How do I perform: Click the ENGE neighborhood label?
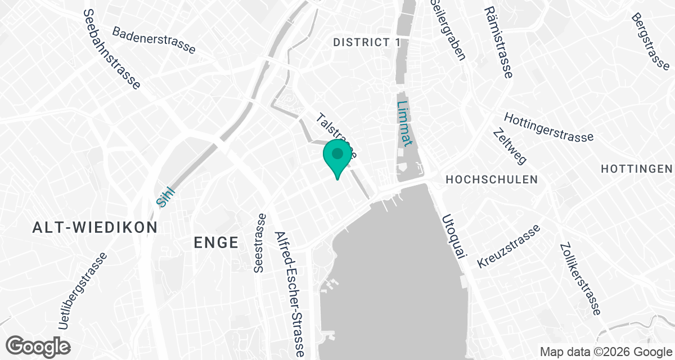click(216, 242)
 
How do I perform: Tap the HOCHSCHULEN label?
click(491, 179)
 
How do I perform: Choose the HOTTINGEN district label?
click(636, 169)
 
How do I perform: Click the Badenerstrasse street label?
click(154, 40)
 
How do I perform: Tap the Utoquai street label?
click(455, 236)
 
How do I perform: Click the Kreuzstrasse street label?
click(508, 246)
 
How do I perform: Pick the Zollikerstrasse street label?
click(579, 279)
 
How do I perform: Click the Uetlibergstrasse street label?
click(82, 291)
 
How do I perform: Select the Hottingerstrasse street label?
click(548, 128)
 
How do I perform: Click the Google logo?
click(38, 345)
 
